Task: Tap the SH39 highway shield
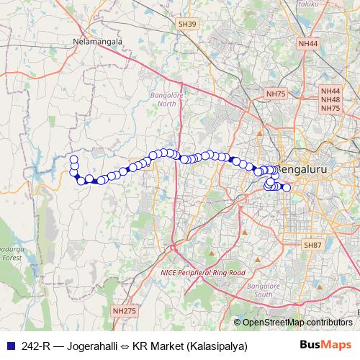coord(186,24)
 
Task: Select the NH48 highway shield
coord(330,99)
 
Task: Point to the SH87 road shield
coord(312,246)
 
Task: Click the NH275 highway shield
coord(124,310)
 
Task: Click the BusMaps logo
coord(328,345)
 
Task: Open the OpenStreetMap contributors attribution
coord(297,323)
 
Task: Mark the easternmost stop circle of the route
coord(286,188)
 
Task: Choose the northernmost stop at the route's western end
coord(73,158)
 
